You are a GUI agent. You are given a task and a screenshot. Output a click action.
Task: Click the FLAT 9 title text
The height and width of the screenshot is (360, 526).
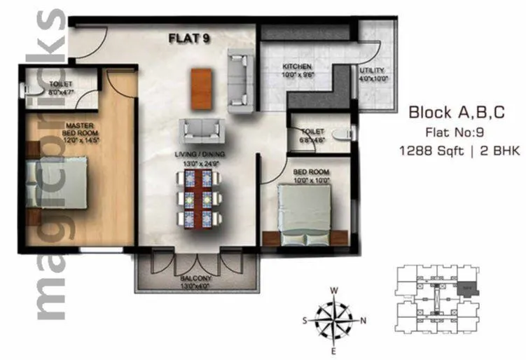(188, 39)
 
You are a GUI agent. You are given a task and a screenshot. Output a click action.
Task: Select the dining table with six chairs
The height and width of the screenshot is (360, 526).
(202, 199)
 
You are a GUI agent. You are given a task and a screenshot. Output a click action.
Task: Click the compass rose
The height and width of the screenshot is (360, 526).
(334, 319)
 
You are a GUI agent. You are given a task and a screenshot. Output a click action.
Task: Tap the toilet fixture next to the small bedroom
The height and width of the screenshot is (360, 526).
(342, 137)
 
